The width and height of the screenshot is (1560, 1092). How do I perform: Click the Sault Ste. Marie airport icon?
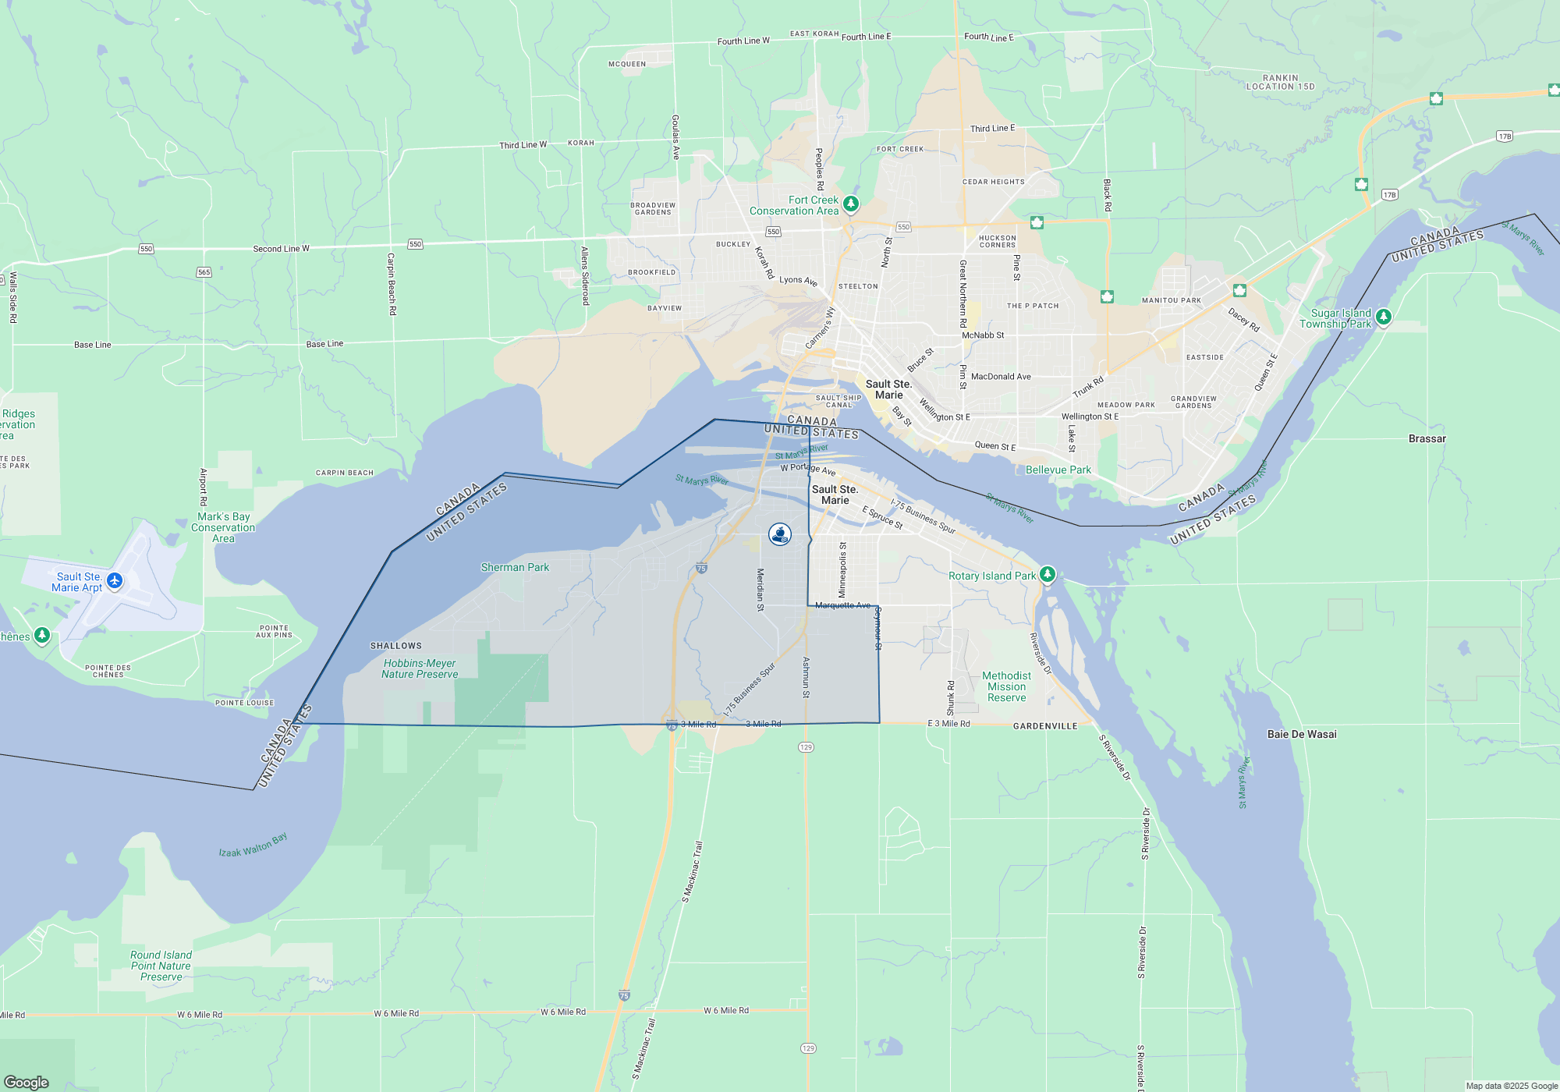point(115,580)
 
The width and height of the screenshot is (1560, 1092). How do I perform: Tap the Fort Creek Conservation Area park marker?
point(851,204)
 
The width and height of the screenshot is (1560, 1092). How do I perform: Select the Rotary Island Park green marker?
point(1048,575)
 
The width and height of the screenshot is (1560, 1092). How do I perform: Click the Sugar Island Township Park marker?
point(1384,317)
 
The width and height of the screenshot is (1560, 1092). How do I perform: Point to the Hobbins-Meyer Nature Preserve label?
point(420,668)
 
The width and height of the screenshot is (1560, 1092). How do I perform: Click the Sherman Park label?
point(515,567)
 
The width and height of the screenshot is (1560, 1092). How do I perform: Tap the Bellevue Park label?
point(1058,470)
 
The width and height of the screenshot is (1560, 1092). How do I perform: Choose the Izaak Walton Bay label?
point(253,846)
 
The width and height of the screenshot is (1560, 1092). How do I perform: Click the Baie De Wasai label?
point(1302,734)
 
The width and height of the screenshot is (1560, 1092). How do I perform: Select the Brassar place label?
point(1427,438)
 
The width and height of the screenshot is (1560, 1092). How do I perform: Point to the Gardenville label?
point(1045,725)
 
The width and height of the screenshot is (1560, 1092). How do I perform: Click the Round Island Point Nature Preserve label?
point(161,966)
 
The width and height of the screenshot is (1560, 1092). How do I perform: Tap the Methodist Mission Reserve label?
point(1006,686)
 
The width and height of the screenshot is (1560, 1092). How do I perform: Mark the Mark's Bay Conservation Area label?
point(223,527)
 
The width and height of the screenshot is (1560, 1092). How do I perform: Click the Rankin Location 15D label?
point(1280,82)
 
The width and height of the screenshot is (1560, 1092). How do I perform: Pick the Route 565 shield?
point(204,272)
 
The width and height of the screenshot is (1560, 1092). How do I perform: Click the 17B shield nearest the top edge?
point(1505,136)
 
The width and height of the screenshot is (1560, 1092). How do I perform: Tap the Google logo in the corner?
point(27,1082)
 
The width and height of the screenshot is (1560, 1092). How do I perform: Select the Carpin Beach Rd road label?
point(392,284)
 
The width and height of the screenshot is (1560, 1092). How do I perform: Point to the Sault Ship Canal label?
point(838,401)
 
